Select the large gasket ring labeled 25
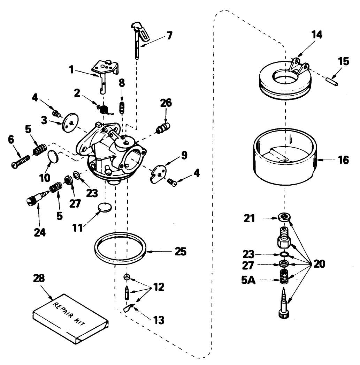click(120, 248)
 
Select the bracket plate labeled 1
click(104, 73)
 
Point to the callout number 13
click(155, 319)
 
